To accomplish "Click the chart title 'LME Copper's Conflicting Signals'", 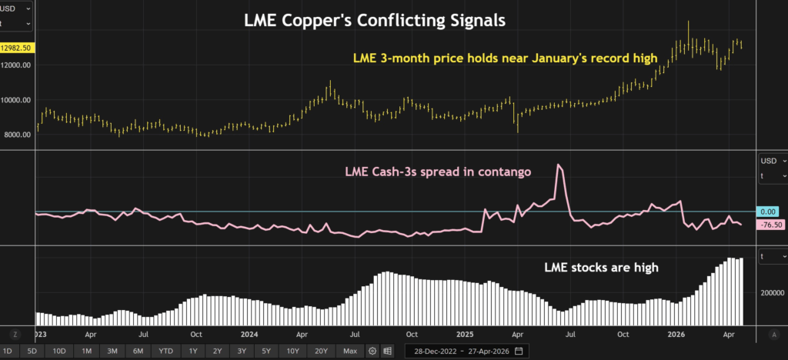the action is pos(375,21).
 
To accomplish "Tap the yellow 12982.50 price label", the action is pos(17,48).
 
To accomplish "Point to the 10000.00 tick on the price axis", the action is pos(17,99).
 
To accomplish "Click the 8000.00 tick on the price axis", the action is pos(17,134).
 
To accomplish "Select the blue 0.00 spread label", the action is pos(767,212).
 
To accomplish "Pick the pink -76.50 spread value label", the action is pos(769,225).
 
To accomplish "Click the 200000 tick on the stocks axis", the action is pos(771,293).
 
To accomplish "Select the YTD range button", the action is pos(165,351).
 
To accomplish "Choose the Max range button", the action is pos(350,351).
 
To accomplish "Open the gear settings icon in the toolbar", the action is pos(372,351).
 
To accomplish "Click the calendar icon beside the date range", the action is pos(519,351).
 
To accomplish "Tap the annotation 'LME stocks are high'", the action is pos(601,267).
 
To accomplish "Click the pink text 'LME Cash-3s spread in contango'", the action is pos(438,172).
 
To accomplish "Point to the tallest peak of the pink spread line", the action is pos(559,164).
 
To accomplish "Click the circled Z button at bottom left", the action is pos(15,335).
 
